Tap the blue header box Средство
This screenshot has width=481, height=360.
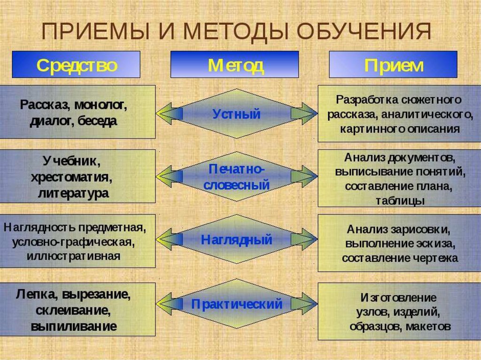76,65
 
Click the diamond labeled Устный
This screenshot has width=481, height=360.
236,114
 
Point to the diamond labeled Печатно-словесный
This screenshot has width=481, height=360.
236,176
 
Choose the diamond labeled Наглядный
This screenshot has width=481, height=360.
236,240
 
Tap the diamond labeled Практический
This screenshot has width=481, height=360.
236,304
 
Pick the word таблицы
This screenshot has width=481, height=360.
400,200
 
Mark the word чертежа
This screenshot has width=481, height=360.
438,258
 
